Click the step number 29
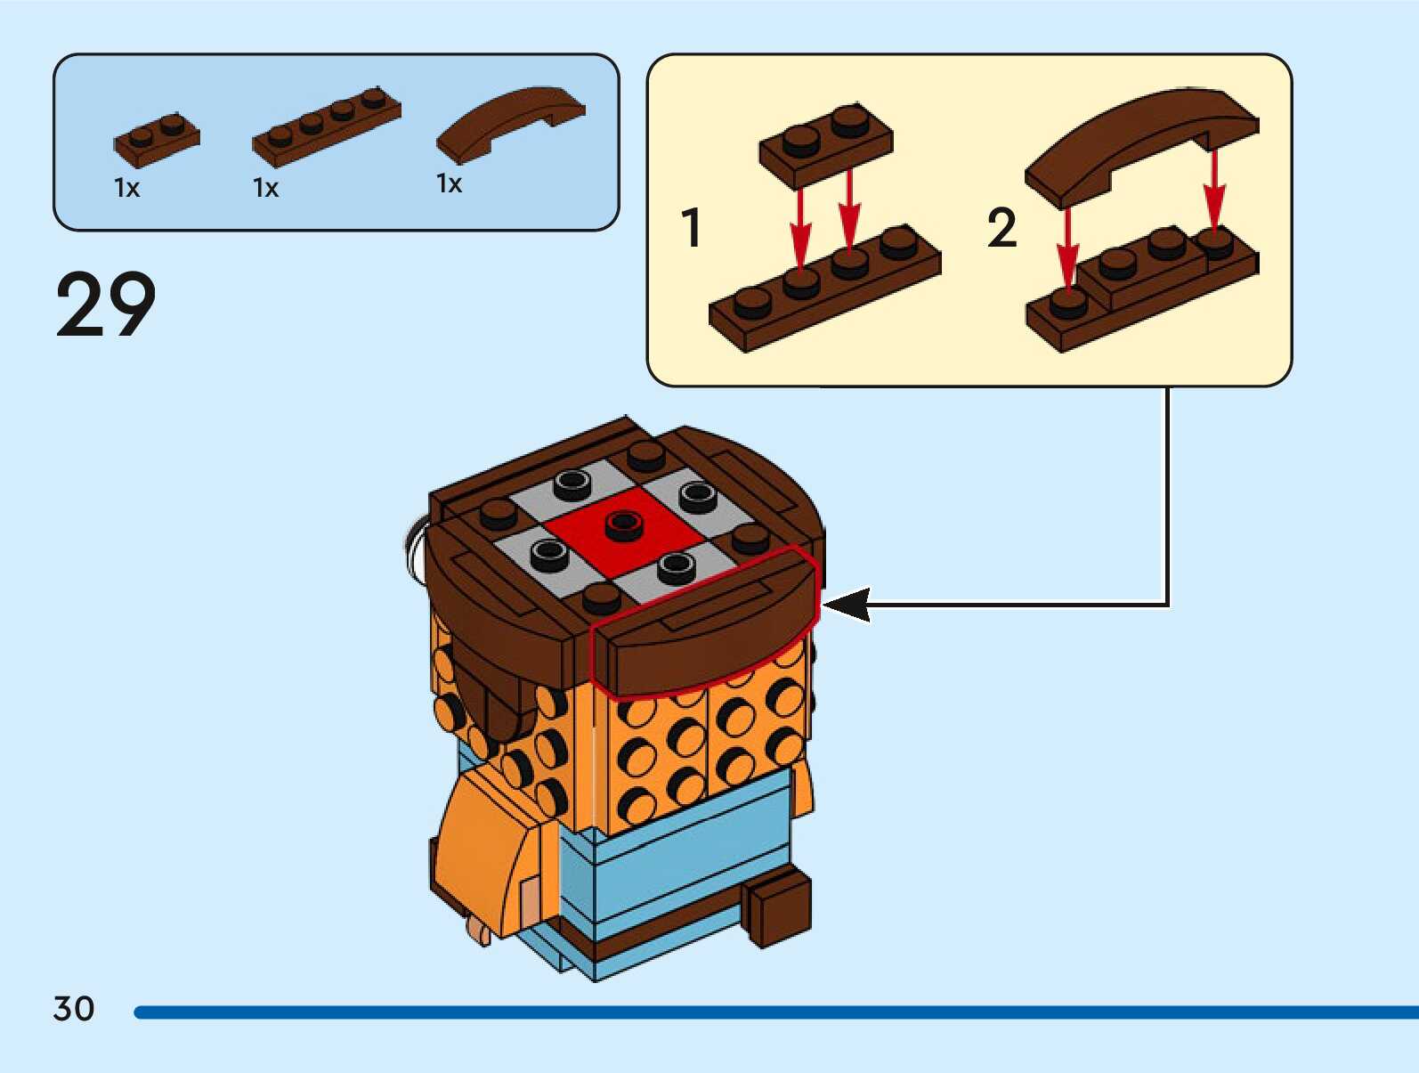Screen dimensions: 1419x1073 point(105,305)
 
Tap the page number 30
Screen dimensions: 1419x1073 point(74,1009)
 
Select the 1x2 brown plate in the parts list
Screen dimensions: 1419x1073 point(157,140)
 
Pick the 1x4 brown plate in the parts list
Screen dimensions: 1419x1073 point(326,126)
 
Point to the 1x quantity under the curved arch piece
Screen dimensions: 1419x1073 point(450,183)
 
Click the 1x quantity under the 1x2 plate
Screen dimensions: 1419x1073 point(127,188)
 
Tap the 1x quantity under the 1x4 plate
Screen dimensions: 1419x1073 point(266,188)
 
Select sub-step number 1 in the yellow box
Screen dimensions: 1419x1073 point(692,227)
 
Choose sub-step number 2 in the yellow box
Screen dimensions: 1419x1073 point(1001,228)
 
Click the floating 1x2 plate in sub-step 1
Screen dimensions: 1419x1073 point(825,145)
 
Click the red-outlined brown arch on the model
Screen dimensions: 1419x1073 point(703,628)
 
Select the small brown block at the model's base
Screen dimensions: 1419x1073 point(780,907)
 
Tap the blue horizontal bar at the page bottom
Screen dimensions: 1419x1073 point(774,1012)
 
